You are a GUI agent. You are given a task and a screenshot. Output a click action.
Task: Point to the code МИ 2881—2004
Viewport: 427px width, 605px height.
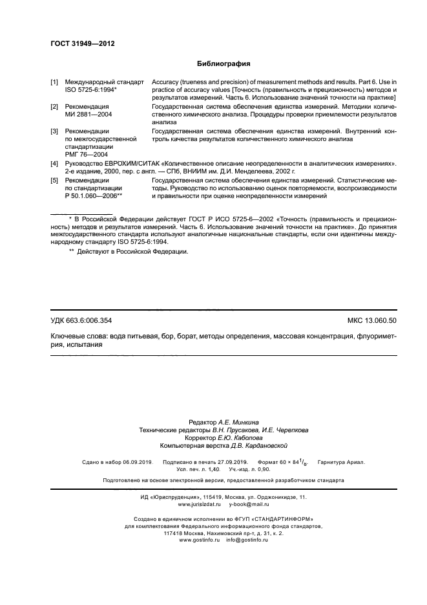pos(89,114)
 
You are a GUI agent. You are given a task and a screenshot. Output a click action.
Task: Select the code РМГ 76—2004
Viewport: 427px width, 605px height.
pos(86,155)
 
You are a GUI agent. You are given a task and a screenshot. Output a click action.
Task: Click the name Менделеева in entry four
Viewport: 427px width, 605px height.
pos(260,173)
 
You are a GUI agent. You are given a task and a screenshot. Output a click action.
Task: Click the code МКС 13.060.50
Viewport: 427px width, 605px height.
pos(372,321)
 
